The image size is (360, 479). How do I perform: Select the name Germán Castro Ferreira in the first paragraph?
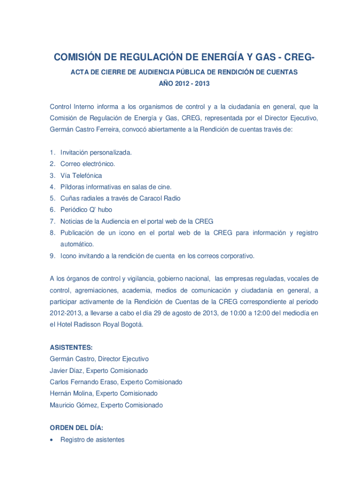tap(84, 130)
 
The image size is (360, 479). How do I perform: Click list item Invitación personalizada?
tap(96, 152)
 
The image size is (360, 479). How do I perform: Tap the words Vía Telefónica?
tap(81, 175)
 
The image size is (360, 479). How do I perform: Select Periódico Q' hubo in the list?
tap(86, 210)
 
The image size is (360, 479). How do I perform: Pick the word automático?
tap(77, 244)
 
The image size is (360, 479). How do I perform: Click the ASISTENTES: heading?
tap(71, 348)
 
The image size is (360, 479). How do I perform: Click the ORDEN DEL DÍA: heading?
tap(77, 428)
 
